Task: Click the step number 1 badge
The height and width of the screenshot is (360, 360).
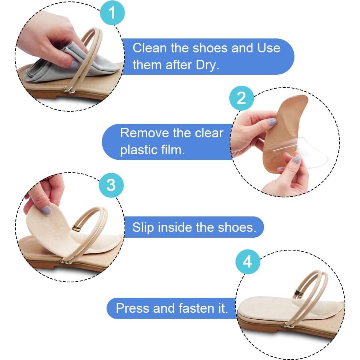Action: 112,13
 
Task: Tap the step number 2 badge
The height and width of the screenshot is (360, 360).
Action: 241,98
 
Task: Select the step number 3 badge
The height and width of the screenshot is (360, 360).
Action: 111,185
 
